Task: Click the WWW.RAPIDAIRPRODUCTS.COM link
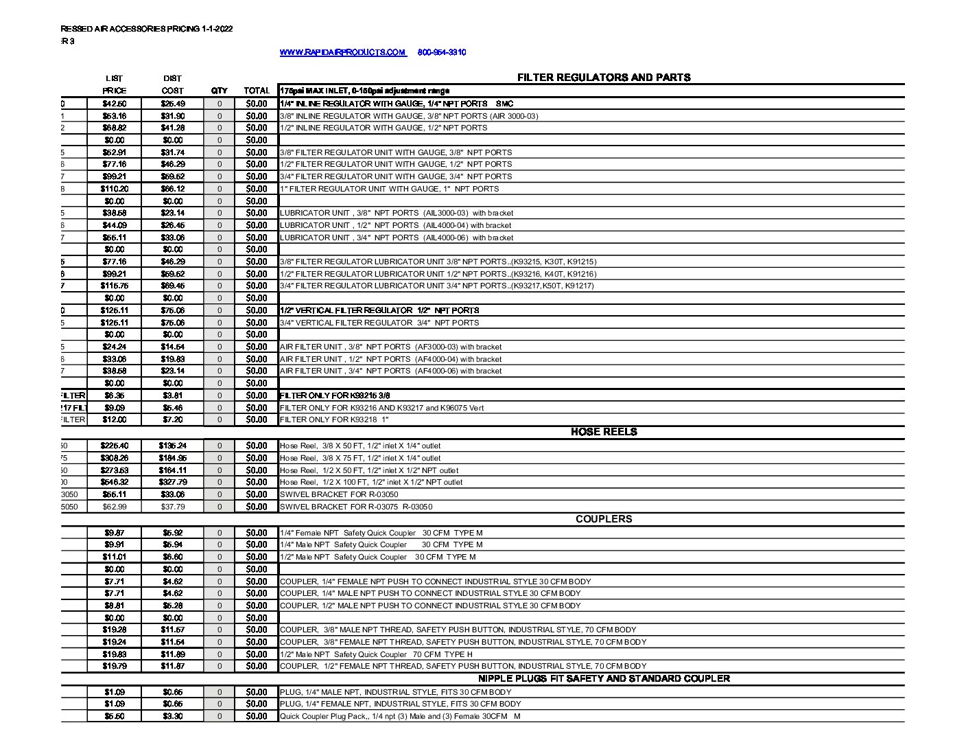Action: click(x=342, y=52)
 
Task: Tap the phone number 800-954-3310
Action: click(x=441, y=52)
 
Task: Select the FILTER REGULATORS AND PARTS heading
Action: click(x=603, y=78)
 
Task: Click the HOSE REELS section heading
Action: click(x=603, y=432)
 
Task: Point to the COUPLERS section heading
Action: click(x=603, y=519)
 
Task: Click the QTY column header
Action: click(x=220, y=91)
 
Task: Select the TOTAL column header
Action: click(x=257, y=91)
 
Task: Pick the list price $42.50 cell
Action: click(x=114, y=104)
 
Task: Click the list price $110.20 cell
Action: click(x=114, y=189)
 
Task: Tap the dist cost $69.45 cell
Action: click(x=172, y=286)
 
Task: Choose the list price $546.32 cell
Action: click(x=114, y=482)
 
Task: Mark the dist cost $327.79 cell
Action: click(x=172, y=482)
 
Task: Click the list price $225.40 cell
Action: click(x=114, y=446)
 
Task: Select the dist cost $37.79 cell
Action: click(x=172, y=507)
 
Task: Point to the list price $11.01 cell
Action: click(x=114, y=557)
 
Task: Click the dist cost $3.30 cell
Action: click(x=172, y=716)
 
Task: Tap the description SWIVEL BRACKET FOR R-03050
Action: click(x=339, y=494)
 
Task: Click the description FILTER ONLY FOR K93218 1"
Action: click(x=334, y=420)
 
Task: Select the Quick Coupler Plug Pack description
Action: click(x=400, y=716)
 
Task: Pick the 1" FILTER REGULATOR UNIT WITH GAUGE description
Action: click(x=389, y=189)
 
